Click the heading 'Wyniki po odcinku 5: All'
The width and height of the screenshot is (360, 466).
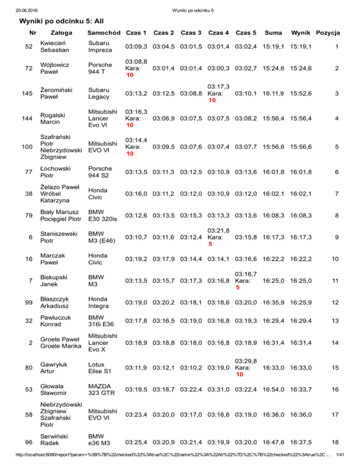61,21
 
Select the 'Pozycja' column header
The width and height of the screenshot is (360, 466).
328,33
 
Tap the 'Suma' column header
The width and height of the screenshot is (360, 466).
273,33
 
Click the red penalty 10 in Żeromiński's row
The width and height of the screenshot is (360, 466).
212,101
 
